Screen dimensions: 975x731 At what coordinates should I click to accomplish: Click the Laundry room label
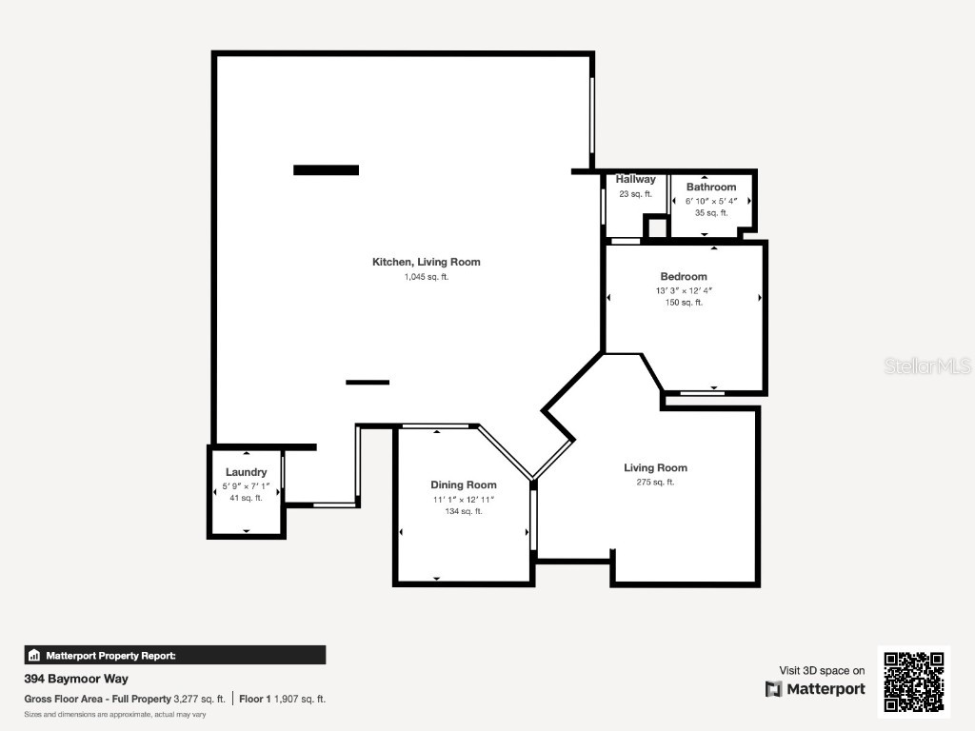(247, 472)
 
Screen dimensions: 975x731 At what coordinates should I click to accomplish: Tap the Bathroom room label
(711, 188)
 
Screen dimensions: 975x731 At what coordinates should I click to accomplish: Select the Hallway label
(635, 179)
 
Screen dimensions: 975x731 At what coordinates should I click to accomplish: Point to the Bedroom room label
(684, 277)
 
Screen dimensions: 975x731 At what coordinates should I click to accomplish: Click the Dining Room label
(464, 484)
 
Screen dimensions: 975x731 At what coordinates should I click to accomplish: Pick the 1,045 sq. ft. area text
(427, 277)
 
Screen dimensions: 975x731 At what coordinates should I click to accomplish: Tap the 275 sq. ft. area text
(655, 483)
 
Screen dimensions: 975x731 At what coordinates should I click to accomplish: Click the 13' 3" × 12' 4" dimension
(684, 291)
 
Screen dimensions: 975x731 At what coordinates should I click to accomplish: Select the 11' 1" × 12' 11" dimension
(464, 500)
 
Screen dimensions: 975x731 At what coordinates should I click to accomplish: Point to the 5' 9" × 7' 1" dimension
(247, 486)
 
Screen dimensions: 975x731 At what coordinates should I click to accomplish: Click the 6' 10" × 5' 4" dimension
(711, 202)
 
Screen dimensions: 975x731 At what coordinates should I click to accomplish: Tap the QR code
(914, 682)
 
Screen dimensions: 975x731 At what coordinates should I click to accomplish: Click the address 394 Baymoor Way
(76, 679)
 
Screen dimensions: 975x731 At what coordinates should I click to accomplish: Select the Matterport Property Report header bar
(175, 655)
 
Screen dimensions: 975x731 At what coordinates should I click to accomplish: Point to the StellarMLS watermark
(927, 366)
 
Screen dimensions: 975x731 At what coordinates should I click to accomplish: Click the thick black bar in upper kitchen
(326, 169)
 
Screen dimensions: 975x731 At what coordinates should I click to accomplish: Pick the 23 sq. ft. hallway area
(635, 194)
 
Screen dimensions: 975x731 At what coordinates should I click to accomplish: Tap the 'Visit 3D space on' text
(822, 671)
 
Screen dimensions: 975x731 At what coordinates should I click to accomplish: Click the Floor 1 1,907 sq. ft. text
(282, 700)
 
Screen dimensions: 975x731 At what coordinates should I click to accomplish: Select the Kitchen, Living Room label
(427, 263)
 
